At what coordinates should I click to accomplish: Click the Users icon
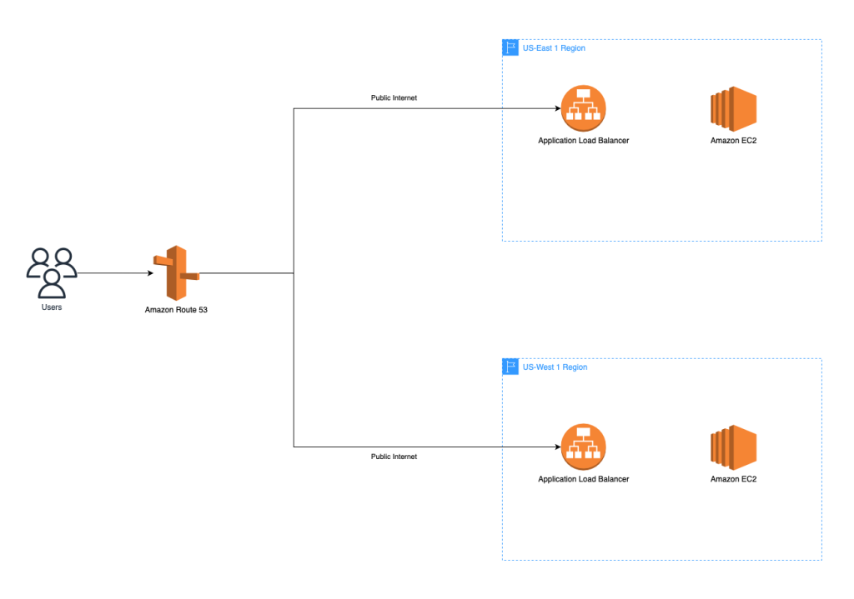52,272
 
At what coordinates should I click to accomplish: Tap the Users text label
52,307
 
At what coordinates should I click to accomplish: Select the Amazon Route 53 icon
176,272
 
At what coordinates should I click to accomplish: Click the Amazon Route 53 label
176,310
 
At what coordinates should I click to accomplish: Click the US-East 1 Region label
554,48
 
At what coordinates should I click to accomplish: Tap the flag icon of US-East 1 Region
510,48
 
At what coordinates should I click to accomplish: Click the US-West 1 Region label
555,367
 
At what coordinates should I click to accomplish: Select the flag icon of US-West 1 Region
510,367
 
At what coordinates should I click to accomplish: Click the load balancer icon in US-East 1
583,108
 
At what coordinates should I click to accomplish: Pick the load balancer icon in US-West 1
583,447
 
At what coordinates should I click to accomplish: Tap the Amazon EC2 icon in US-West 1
733,447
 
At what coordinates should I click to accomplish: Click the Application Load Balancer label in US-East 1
583,141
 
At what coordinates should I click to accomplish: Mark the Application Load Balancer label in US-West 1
583,479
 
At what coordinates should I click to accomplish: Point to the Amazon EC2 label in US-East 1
733,141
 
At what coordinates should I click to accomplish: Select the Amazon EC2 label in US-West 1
733,479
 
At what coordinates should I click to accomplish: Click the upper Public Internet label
394,97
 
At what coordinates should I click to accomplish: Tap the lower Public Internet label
394,457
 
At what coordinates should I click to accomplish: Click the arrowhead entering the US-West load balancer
555,447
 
